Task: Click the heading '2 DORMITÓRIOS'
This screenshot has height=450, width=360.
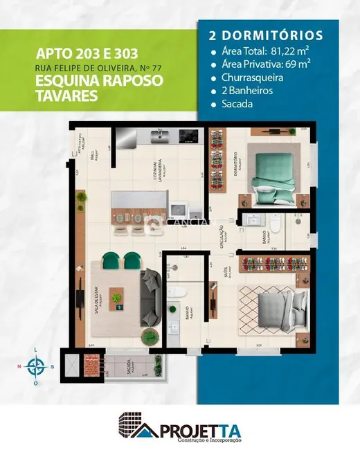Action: (262, 34)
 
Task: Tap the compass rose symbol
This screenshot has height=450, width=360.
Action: (34, 366)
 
